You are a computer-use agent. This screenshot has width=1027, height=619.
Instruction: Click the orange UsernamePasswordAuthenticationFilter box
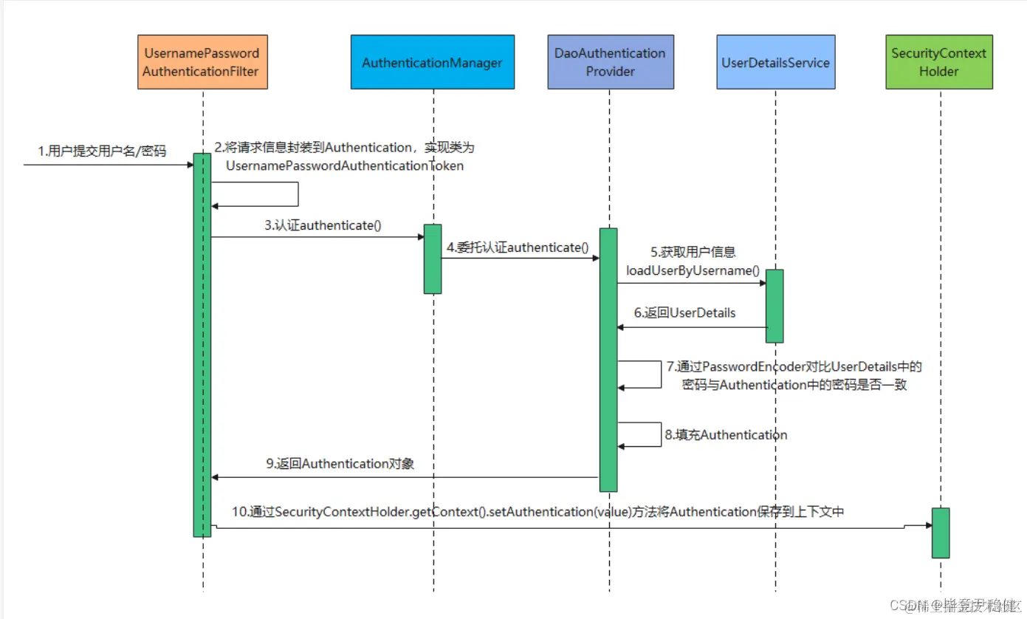[x=202, y=63]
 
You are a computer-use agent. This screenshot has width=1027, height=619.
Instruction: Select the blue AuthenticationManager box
[x=433, y=63]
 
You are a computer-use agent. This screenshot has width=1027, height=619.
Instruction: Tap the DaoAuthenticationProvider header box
[x=610, y=63]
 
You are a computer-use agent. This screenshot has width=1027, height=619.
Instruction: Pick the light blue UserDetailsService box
[x=775, y=63]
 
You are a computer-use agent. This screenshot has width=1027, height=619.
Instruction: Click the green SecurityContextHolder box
[x=939, y=63]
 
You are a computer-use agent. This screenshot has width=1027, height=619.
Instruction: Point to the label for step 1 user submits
[x=102, y=152]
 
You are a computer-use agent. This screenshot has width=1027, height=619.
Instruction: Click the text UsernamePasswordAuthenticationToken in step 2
[x=345, y=166]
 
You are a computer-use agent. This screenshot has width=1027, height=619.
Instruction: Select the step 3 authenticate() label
[x=323, y=225]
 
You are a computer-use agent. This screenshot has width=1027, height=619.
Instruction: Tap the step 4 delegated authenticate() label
[x=517, y=247]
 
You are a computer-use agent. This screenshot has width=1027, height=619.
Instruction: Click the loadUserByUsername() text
[x=693, y=270]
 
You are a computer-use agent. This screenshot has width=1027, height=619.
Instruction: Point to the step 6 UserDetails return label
[x=684, y=313]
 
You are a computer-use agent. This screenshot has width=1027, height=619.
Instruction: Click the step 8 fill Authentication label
[x=726, y=435]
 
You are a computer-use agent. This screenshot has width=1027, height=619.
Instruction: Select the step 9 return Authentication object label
[x=340, y=465]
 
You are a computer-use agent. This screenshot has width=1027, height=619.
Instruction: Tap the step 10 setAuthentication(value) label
[x=537, y=511]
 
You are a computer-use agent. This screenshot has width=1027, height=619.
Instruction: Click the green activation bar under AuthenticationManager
[x=433, y=259]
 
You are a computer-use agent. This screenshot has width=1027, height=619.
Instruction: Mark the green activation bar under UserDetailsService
[x=774, y=306]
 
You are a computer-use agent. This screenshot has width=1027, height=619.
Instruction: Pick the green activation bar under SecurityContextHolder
[x=940, y=533]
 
